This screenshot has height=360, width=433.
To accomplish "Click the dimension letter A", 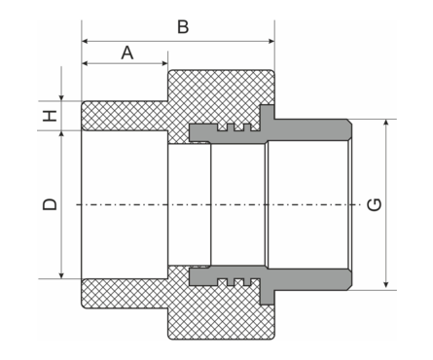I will pos(126,53).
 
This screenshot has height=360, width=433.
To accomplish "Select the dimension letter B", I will pos(182,26).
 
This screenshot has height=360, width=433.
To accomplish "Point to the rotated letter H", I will pos(51,115).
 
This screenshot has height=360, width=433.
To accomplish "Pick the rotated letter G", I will pos(375,204).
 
